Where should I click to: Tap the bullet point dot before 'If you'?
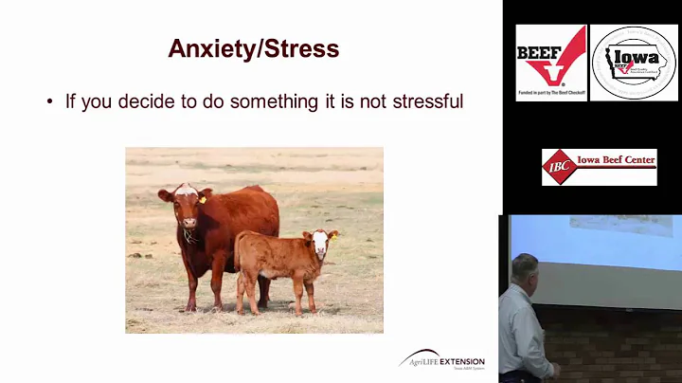tap(49, 100)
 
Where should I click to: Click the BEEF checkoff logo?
tap(549, 63)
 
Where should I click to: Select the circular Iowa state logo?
tap(634, 63)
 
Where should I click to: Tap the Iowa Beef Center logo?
tap(599, 167)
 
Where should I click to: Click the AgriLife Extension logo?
tap(441, 361)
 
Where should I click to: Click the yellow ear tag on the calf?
tap(334, 233)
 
